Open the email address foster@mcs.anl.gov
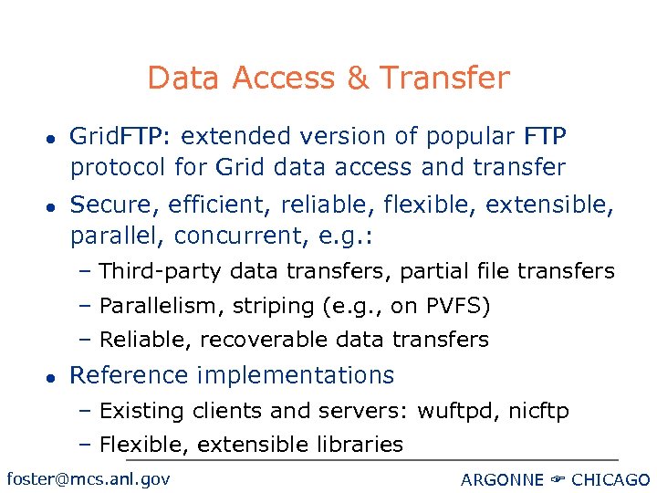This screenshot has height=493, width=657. coord(88,478)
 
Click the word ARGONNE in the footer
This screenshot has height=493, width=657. coord(503,480)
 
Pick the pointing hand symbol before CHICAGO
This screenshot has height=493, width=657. coord(559,480)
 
